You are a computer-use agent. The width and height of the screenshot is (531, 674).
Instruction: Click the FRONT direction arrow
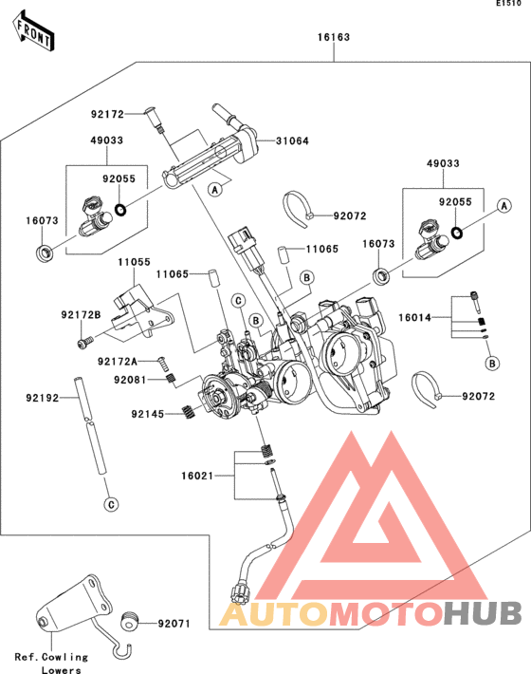(x=33, y=31)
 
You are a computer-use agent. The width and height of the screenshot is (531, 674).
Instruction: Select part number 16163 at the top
(x=334, y=37)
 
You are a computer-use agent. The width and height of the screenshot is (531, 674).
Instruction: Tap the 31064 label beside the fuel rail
(x=292, y=141)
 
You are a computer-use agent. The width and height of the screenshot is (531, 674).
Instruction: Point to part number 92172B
(x=81, y=315)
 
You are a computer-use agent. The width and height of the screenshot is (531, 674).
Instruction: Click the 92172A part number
(x=118, y=362)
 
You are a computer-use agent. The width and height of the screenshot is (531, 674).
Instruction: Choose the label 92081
(x=130, y=380)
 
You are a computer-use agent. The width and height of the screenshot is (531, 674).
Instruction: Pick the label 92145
(x=148, y=415)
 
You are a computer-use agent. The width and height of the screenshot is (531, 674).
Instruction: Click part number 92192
(x=42, y=399)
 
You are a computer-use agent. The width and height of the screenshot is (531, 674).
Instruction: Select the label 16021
(x=197, y=476)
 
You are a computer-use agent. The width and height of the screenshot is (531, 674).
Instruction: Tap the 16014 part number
(x=414, y=318)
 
